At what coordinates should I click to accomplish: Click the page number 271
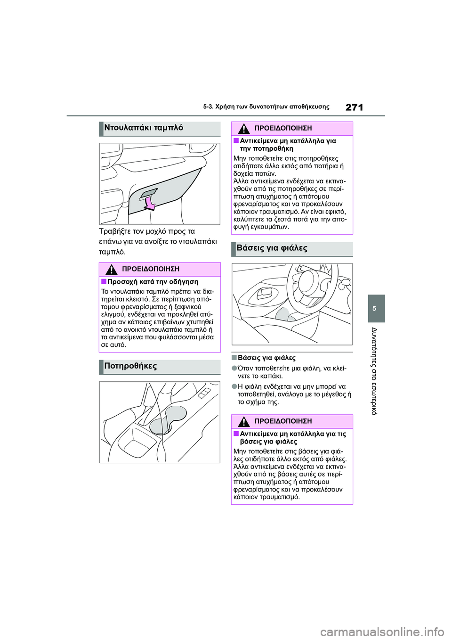click(354, 107)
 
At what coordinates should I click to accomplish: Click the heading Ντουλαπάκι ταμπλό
click(144, 128)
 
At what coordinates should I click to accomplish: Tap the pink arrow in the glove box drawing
click(150, 203)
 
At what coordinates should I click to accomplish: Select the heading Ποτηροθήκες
click(130, 366)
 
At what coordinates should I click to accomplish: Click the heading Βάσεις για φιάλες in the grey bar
click(272, 248)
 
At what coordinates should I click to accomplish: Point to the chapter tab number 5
click(374, 308)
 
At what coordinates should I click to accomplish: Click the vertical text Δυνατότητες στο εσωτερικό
click(374, 370)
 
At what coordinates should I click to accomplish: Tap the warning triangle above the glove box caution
click(111, 270)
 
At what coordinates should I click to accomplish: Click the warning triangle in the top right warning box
click(243, 129)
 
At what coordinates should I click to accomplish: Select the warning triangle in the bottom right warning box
click(243, 421)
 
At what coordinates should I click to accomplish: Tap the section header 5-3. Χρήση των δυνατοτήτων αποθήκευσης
click(266, 107)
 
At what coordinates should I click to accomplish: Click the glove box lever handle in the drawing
click(148, 192)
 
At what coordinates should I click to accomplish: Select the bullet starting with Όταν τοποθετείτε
click(292, 372)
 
